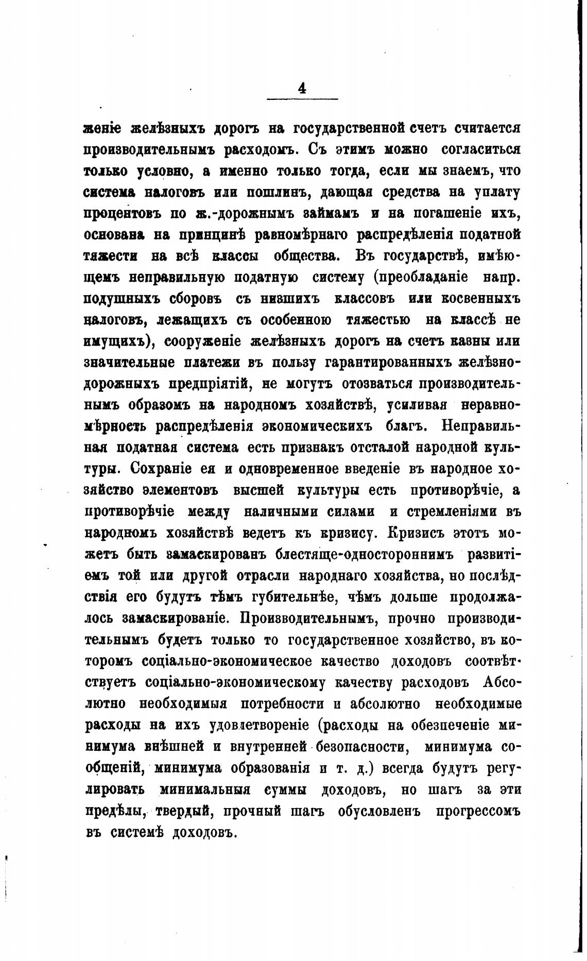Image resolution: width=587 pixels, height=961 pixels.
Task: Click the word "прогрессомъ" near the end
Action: click(x=478, y=811)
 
